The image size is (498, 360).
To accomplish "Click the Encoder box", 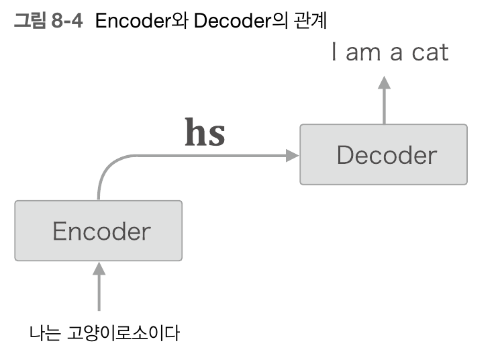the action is tap(98, 230).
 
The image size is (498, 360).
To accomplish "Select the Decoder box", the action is tap(383, 154).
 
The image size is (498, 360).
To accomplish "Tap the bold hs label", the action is tap(205, 134).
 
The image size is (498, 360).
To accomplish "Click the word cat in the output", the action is tap(427, 53).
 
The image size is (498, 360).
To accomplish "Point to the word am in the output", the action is tap(363, 53).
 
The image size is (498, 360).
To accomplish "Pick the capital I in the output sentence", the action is tap(334, 53).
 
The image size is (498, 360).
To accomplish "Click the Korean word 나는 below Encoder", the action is tap(45, 332).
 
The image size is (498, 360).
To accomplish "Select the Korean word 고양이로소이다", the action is tap(124, 332).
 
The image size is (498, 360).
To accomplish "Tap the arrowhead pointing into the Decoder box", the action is tap(292, 155).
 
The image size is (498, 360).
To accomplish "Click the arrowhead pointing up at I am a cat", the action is tap(384, 83).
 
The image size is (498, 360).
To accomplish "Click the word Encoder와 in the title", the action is tap(142, 20).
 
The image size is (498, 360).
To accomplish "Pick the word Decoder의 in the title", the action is tap(242, 20).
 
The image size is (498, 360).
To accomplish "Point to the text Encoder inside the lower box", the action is tap(101, 231).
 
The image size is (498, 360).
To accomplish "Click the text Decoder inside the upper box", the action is tap(387, 155).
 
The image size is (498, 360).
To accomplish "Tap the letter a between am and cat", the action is tap(396, 53).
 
